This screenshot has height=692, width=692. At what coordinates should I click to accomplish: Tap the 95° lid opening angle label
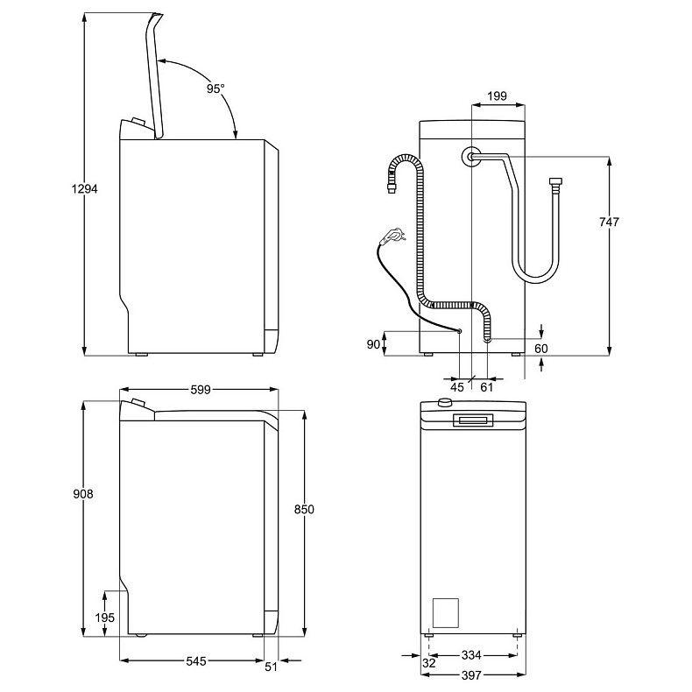(215, 88)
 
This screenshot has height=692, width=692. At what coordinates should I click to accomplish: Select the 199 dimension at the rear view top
(498, 95)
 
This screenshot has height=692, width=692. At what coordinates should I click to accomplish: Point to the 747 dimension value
(608, 222)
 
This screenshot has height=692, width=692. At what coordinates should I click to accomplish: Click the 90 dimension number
(372, 344)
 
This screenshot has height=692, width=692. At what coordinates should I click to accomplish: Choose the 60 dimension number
(540, 349)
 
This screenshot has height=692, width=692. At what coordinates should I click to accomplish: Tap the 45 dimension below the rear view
(457, 386)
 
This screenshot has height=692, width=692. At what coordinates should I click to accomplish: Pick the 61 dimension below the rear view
(487, 386)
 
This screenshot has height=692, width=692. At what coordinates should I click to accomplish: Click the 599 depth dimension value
(201, 391)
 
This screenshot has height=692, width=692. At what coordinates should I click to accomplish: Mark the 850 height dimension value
(303, 510)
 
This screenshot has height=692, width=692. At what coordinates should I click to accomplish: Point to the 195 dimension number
(104, 618)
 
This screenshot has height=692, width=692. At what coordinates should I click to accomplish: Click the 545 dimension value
(195, 662)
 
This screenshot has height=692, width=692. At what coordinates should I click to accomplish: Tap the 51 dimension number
(271, 667)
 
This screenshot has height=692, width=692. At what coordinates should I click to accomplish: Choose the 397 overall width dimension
(472, 675)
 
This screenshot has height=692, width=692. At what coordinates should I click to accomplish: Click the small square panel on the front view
(446, 611)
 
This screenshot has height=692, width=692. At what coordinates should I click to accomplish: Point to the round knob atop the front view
(444, 403)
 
